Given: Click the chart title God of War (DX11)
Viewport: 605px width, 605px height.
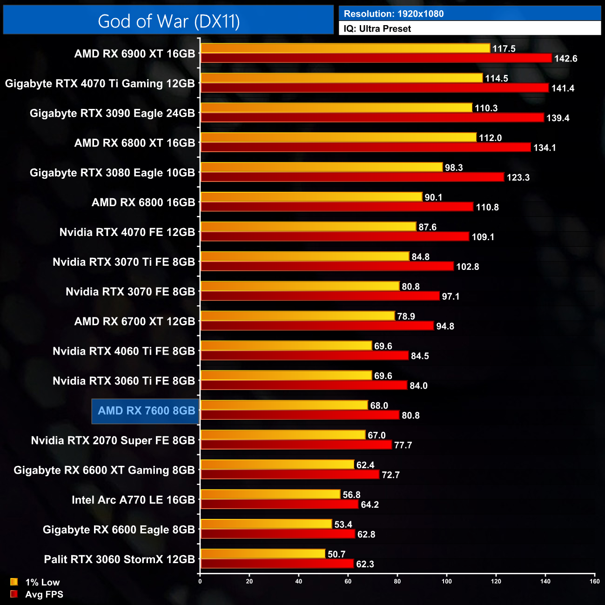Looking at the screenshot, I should point(168,21).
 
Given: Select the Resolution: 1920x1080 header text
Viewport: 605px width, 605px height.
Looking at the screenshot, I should point(394,14).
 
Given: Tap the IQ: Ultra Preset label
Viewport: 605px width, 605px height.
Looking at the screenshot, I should point(377,29).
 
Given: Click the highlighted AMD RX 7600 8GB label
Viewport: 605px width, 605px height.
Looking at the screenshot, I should point(146,411).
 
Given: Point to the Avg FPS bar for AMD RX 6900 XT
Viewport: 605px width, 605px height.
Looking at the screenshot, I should point(376,58).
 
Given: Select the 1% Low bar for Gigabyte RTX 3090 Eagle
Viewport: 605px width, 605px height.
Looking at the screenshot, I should point(336,108).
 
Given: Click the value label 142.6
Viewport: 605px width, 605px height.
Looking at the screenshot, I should point(565,59).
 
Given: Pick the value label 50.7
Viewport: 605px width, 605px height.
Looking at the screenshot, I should point(336,554).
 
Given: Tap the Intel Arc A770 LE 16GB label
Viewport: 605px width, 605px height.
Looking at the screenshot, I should point(133,500).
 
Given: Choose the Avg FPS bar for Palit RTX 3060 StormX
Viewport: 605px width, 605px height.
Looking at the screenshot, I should point(277,564).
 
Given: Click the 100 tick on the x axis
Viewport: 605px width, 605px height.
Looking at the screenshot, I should point(447,581).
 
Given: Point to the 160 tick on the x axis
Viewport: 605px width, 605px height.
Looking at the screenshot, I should point(595,581).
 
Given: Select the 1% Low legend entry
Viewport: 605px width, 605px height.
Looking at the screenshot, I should point(42,582).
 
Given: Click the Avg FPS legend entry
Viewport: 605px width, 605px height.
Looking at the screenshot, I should point(44,594).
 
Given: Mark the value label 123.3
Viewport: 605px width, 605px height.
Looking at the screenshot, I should point(518,178).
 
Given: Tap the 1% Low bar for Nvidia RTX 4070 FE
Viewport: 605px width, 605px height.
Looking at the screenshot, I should point(308,227).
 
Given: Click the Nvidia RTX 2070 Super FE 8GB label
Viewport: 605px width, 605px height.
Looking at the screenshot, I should point(113,441).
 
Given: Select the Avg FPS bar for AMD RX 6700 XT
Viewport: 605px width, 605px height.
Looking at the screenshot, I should point(317,326).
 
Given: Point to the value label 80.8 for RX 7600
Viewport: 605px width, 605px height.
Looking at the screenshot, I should point(410,416).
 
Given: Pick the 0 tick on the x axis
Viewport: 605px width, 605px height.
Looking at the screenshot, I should point(200,581).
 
